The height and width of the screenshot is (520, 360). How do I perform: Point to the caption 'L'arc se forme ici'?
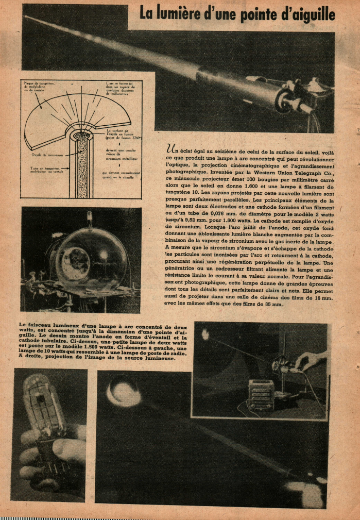pyautogui.click(x=123, y=83)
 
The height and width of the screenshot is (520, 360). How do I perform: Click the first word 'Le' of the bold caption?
pyautogui.click(x=22, y=324)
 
